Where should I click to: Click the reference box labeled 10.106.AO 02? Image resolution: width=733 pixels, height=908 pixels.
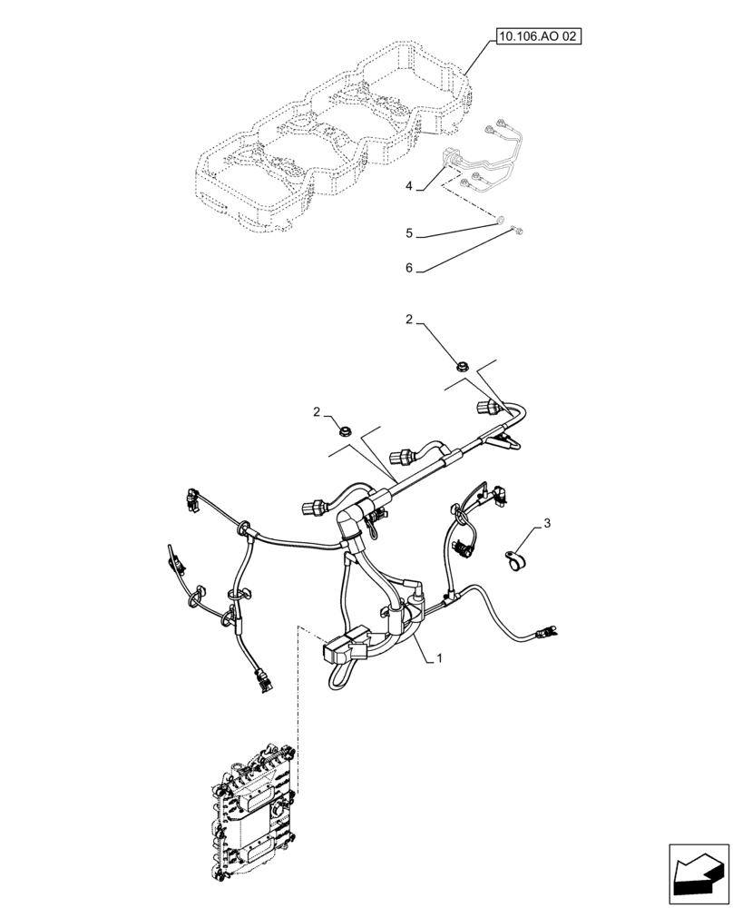point(537,37)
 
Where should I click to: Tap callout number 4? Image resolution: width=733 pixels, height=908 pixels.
point(409,185)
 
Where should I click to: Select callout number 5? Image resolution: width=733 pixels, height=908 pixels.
point(409,233)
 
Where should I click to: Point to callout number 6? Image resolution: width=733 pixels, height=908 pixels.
point(409,269)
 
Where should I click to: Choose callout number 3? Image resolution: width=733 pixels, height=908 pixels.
point(546,524)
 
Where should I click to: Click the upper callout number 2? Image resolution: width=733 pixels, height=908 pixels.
point(409,321)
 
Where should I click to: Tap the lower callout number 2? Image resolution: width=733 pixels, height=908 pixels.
point(317,411)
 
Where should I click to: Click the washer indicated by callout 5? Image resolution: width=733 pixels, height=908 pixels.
point(499,219)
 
